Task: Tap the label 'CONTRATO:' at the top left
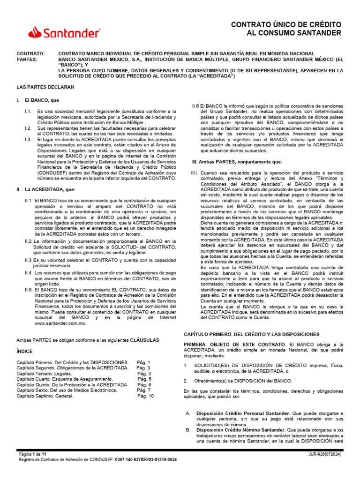point(30,54)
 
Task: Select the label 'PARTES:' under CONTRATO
point(27,60)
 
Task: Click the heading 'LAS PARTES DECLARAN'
point(45,87)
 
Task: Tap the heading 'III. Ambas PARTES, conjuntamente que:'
point(237,161)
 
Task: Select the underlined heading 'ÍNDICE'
point(25,351)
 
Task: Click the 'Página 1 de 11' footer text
point(32,455)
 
